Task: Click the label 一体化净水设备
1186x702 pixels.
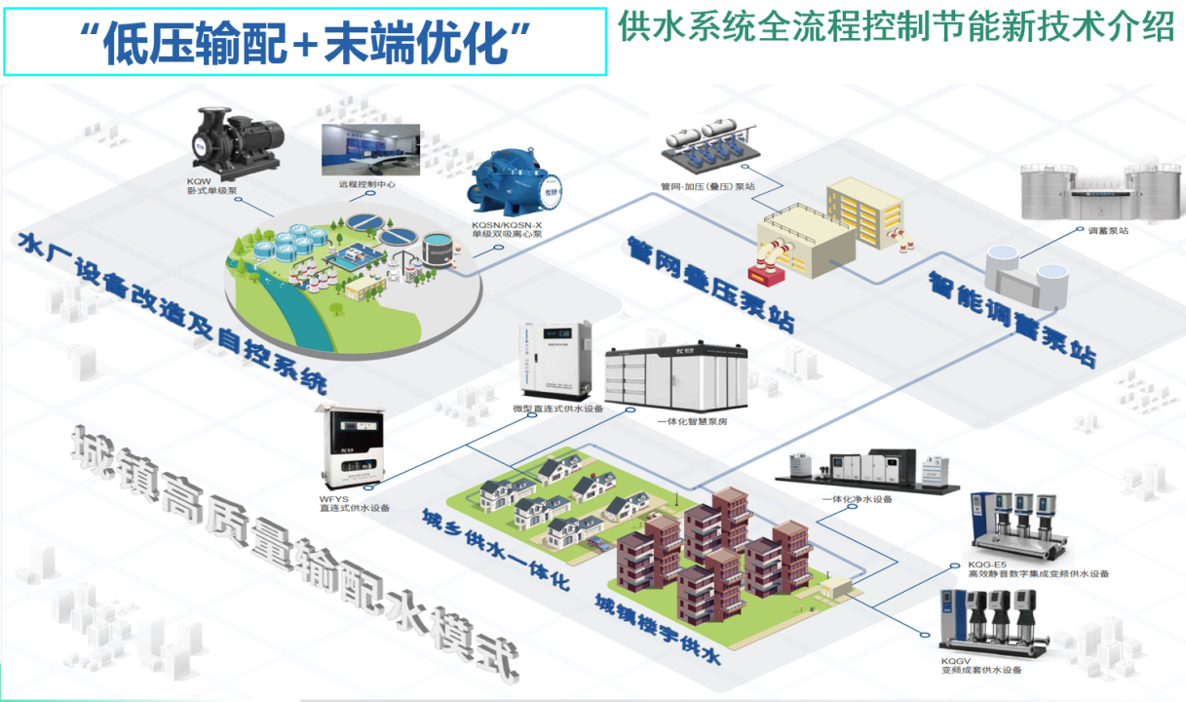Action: point(857,499)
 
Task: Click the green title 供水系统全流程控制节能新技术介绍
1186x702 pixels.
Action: point(896,27)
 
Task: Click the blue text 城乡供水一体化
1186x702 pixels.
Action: point(494,549)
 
